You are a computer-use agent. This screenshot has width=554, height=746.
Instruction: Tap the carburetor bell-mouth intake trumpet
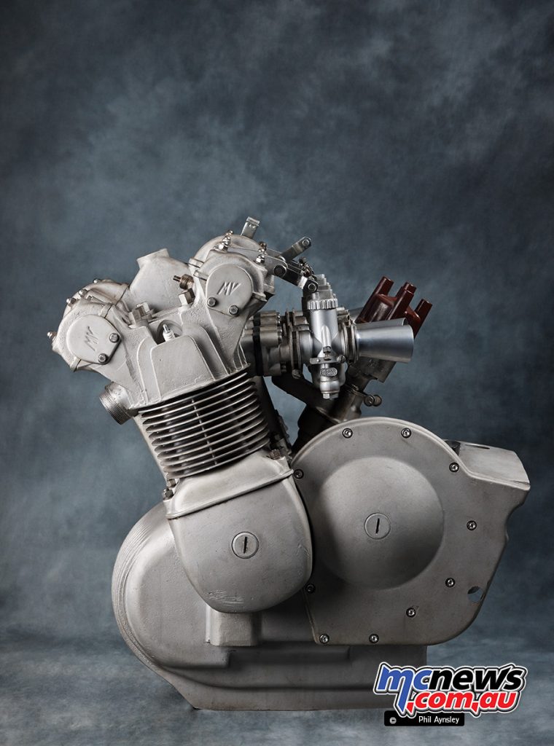click(x=384, y=339)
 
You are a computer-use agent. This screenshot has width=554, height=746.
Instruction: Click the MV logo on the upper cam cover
click(x=228, y=288)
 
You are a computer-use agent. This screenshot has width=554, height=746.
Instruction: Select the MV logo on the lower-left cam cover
click(x=89, y=338)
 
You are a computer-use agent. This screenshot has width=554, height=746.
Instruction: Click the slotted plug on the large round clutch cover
click(x=378, y=526)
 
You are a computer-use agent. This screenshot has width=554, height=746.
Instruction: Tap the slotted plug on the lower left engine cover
click(x=245, y=545)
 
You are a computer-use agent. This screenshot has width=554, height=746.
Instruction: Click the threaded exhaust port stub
click(x=115, y=404)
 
